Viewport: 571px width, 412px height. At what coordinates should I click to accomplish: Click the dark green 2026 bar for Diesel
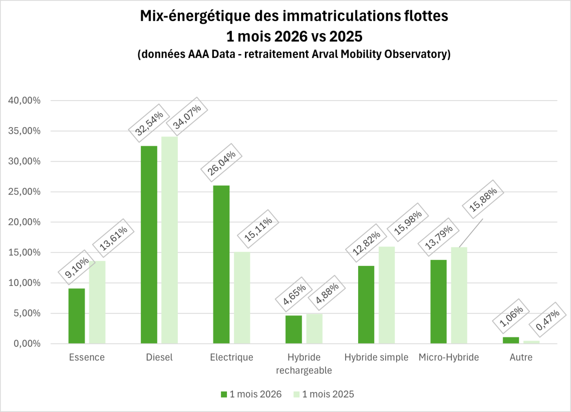click(149, 245)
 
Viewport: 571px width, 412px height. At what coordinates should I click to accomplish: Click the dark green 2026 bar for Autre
click(510, 340)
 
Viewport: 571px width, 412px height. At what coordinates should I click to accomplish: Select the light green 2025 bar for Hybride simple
click(386, 295)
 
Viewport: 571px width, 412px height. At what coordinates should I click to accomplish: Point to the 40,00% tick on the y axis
click(25, 101)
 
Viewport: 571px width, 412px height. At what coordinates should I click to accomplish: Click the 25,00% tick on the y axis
click(25, 192)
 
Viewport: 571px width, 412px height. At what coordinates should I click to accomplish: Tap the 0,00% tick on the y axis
click(27, 344)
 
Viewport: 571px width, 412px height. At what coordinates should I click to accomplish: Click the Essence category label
click(87, 357)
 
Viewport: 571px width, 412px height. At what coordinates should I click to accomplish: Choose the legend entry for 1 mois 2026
click(251, 394)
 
